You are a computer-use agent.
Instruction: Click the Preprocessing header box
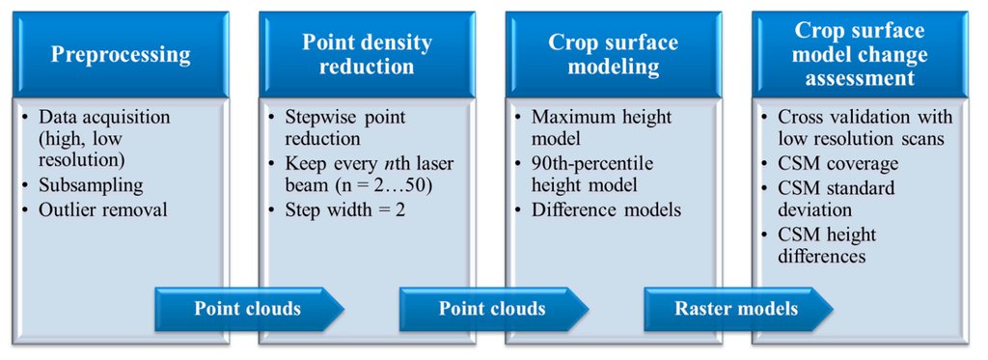(x=121, y=54)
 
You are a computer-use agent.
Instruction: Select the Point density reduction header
(x=367, y=54)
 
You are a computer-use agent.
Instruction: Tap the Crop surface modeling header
(x=613, y=54)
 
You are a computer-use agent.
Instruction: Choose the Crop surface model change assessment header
(x=860, y=54)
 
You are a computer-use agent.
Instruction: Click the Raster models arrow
(x=738, y=309)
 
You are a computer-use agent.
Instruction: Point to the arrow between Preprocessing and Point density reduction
(x=250, y=309)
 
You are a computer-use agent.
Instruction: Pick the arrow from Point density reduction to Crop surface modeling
(x=494, y=309)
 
